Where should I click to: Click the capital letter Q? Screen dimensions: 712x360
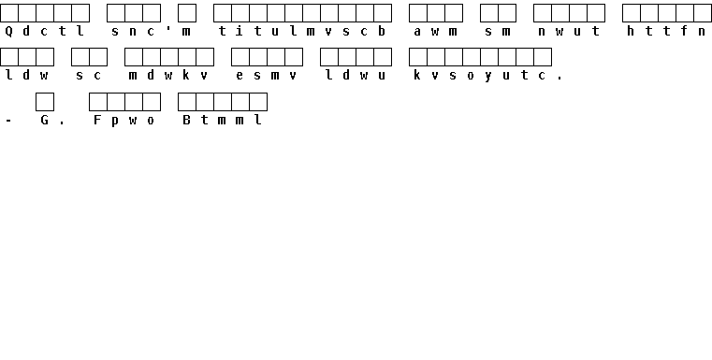pyautogui.click(x=8, y=31)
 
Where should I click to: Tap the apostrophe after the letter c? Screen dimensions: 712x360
pyautogui.click(x=168, y=28)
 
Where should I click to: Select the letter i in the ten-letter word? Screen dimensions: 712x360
pyautogui.click(x=240, y=31)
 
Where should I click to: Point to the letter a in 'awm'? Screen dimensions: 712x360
pyautogui.click(x=417, y=32)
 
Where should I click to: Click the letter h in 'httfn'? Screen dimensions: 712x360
pyautogui.click(x=631, y=31)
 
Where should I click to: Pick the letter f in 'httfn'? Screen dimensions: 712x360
pyautogui.click(x=684, y=31)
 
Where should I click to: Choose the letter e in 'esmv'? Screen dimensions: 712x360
pyautogui.click(x=240, y=76)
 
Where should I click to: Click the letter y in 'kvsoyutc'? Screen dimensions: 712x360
pyautogui.click(x=488, y=77)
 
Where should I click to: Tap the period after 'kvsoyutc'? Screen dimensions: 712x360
pyautogui.click(x=559, y=79)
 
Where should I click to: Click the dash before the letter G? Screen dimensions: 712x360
pyautogui.click(x=8, y=121)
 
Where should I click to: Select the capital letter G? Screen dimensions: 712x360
pyautogui.click(x=44, y=120)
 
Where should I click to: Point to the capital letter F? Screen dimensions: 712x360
pyautogui.click(x=97, y=120)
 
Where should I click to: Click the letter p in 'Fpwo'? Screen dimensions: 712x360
pyautogui.click(x=115, y=122)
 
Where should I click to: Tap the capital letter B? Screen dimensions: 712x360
pyautogui.click(x=186, y=120)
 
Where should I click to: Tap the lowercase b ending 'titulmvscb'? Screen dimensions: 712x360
pyautogui.click(x=382, y=31)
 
